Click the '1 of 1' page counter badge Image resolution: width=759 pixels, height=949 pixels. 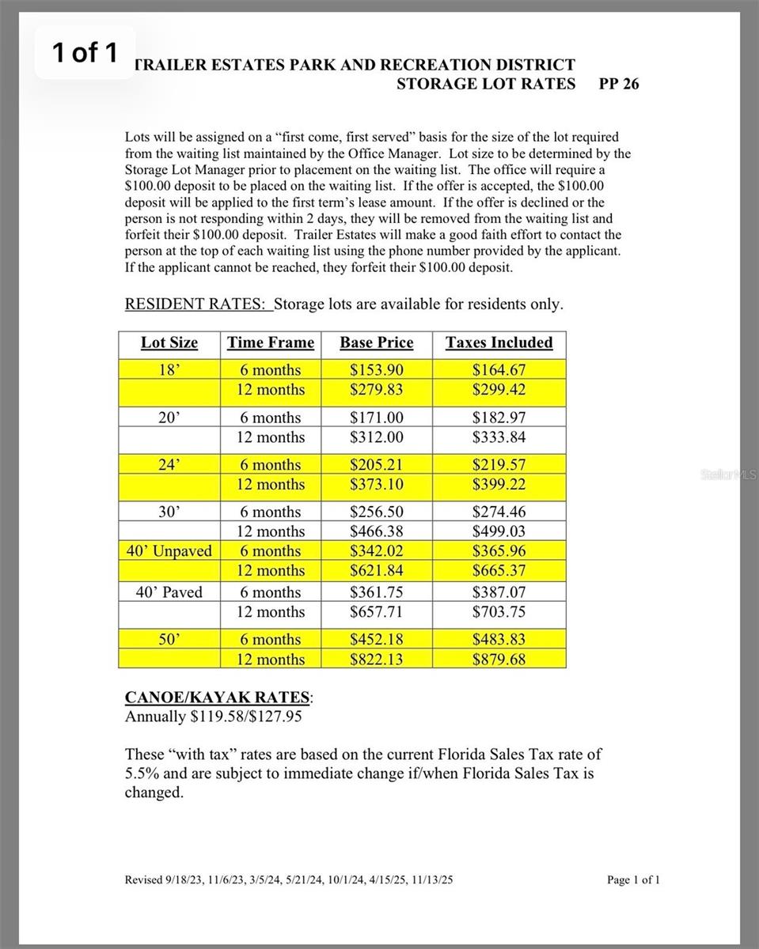[85, 53]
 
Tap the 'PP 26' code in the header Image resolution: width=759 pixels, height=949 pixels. [619, 84]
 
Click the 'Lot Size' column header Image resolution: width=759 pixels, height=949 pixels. [169, 342]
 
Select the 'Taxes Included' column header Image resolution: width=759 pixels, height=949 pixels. [499, 342]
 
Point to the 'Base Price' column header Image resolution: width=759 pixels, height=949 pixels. [376, 342]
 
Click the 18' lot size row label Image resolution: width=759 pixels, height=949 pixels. [169, 369]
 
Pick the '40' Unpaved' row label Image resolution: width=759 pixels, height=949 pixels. [169, 551]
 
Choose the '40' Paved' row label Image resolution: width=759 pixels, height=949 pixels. [169, 592]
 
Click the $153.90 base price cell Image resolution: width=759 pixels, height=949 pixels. [376, 369]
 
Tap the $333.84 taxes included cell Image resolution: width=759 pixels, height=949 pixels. [499, 437]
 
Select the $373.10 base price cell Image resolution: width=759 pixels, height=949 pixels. [376, 484]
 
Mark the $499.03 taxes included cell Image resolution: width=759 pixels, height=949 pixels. [499, 531]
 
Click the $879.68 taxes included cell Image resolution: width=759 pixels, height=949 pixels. [499, 659]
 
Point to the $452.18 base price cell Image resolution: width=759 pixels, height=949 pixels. [376, 639]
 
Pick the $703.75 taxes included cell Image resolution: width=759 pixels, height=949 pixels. [499, 611]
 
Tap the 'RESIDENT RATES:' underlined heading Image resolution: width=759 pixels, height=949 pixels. [198, 304]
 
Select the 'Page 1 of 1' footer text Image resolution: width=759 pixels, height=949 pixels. [632, 880]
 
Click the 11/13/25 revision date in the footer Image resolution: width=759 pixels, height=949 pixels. [432, 880]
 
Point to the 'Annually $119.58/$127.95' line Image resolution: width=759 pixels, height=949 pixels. [213, 716]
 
